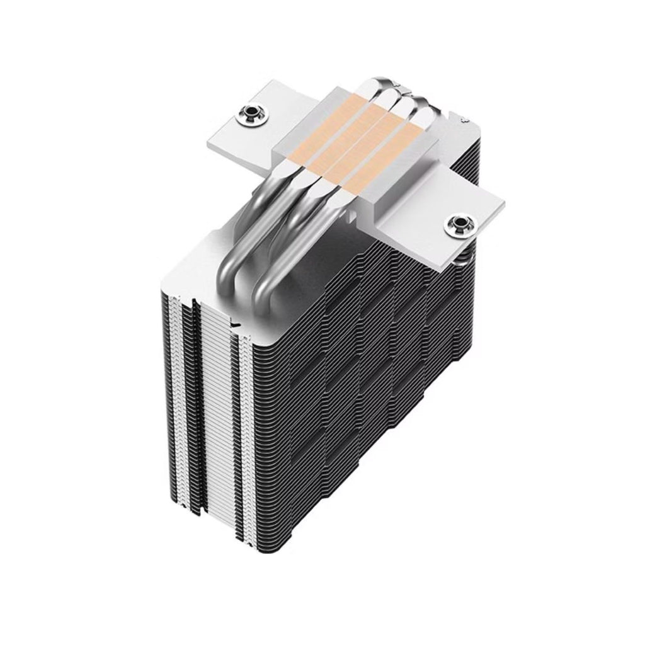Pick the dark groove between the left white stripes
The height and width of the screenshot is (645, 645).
click(x=184, y=409)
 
